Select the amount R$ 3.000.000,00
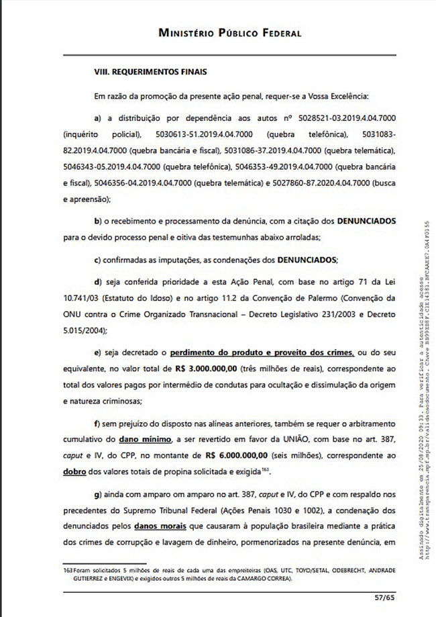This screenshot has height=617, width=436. click(x=195, y=369)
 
